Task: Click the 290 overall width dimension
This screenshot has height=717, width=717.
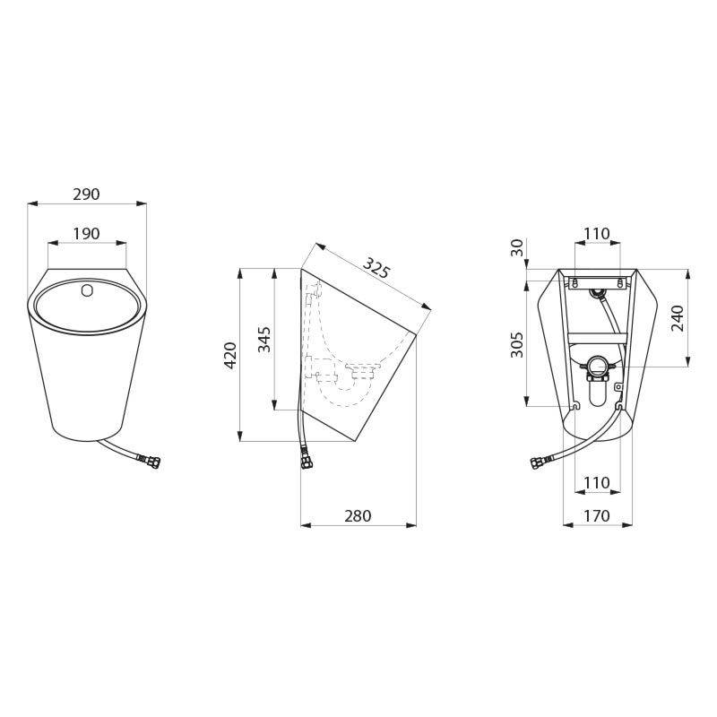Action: coord(86,194)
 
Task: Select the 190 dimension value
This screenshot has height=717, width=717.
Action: coord(86,234)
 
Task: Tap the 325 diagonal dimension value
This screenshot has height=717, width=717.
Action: coord(376,268)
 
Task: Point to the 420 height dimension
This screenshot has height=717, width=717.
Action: coord(229,355)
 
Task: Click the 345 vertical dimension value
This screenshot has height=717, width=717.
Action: coord(264,339)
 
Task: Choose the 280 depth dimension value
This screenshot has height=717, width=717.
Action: coord(358,516)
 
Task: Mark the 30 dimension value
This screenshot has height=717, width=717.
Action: coord(517,248)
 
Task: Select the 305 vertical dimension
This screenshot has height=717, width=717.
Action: coord(517,343)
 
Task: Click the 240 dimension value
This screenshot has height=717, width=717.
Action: coord(678,318)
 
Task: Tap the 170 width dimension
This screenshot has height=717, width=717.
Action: coord(596,516)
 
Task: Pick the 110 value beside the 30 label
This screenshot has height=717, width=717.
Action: coord(596,234)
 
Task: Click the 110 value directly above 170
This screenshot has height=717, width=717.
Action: coord(596,483)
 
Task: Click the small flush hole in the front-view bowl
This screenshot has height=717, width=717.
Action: coord(87,291)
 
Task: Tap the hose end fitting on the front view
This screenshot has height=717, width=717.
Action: coord(149,462)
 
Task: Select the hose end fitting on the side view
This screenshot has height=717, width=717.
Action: coord(307,459)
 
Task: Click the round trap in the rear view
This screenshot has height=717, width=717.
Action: coord(597,366)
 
